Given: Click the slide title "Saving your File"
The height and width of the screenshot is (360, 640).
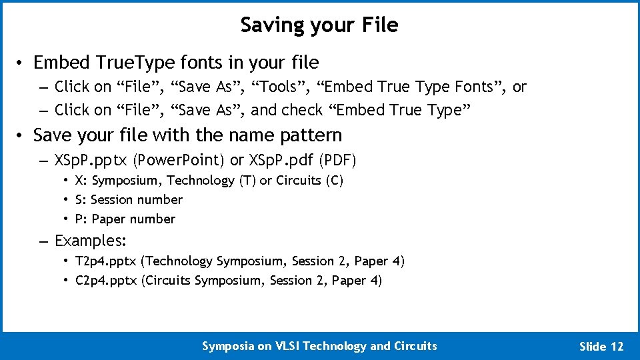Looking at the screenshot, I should pyautogui.click(x=319, y=25).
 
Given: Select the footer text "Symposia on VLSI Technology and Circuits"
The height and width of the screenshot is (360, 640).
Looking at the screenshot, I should pyautogui.click(x=319, y=345).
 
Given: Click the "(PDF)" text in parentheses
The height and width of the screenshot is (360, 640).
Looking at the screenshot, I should pyautogui.click(x=339, y=161).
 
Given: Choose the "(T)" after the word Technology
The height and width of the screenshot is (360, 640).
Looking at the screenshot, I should pyautogui.click(x=247, y=181).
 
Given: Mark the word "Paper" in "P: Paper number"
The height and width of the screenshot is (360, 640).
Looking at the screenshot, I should pyautogui.click(x=109, y=219).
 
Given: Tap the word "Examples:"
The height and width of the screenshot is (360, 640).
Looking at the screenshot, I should pyautogui.click(x=91, y=241).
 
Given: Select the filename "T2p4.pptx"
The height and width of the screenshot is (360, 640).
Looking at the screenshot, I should pyautogui.click(x=107, y=261).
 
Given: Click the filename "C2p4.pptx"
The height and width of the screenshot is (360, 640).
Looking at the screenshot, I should pyautogui.click(x=107, y=281).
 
